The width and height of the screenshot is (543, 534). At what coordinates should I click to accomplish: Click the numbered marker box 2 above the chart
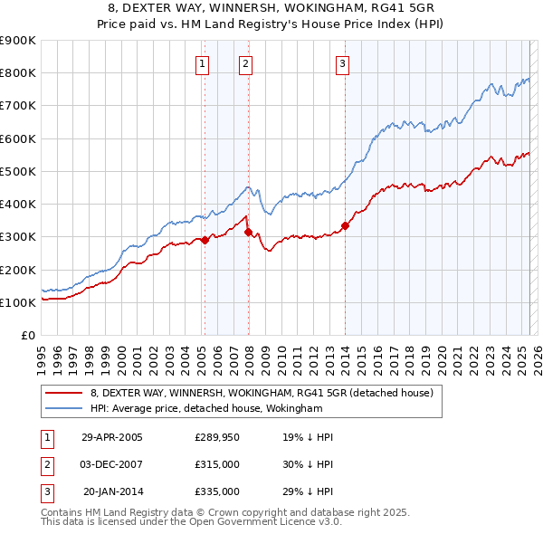pyautogui.click(x=245, y=63)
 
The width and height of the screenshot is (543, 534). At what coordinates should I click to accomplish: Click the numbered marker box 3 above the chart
pyautogui.click(x=343, y=63)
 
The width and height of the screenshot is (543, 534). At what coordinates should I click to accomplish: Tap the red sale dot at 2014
pyautogui.click(x=345, y=225)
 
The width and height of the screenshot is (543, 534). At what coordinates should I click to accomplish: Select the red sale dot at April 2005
pyautogui.click(x=205, y=240)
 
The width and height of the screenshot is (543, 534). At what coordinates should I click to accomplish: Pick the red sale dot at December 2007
pyautogui.click(x=248, y=232)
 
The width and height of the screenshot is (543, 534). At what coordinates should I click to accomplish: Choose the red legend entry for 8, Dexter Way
pyautogui.click(x=262, y=393)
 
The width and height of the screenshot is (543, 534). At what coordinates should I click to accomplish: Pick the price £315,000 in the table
pyautogui.click(x=217, y=464)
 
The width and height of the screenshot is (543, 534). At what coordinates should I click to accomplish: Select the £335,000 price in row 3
pyautogui.click(x=217, y=491)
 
